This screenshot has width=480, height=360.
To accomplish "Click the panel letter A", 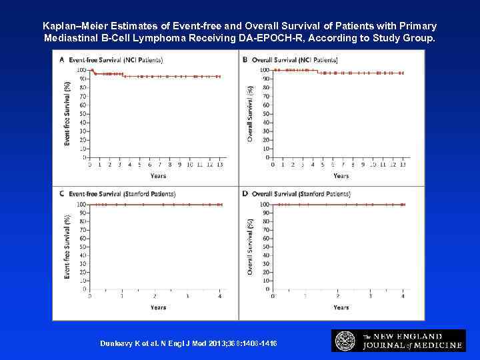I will click(63, 60).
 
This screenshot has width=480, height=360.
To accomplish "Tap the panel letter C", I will click(63, 194).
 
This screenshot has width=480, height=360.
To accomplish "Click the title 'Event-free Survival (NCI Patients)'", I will click(108, 60).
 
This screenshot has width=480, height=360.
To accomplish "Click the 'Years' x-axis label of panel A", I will click(157, 176).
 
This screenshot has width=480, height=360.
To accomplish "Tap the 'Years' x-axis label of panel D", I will click(341, 307).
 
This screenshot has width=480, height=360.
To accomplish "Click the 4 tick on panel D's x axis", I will click(403, 295).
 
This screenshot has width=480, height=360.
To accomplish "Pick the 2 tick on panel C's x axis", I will click(155, 295).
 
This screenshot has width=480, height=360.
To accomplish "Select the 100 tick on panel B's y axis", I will click(265, 70).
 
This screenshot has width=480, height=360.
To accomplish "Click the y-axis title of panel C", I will click(67, 247).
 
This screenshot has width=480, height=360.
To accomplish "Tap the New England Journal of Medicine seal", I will click(345, 341).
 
